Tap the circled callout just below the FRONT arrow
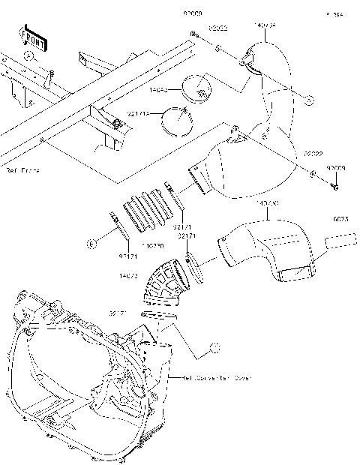coord(28,55)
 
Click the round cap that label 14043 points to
coord(200,86)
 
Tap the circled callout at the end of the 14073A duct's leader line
coord(308,99)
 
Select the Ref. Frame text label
coord(22,171)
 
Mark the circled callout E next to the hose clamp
coord(91,244)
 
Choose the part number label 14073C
coord(268,203)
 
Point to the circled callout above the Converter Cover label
coord(214,347)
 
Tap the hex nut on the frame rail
coord(118,123)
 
